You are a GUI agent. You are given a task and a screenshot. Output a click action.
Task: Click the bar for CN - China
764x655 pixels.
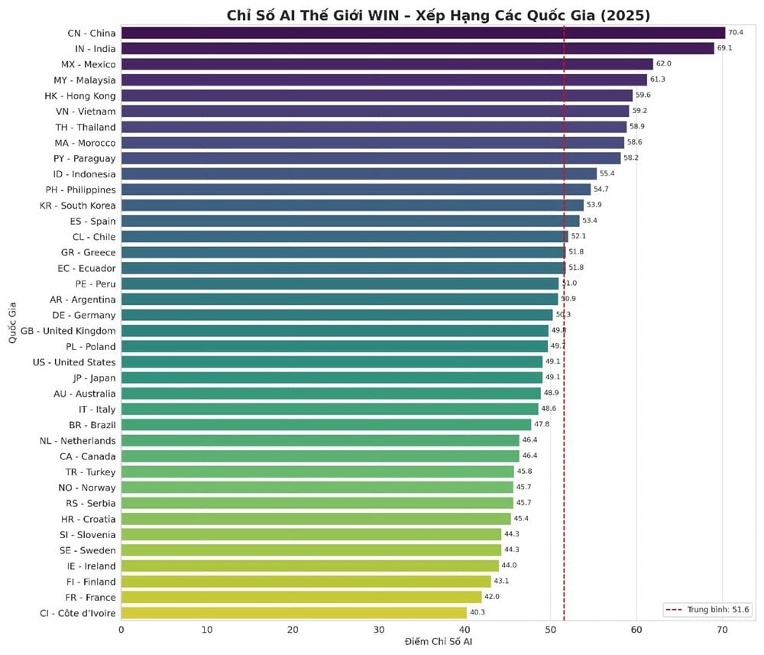(x=422, y=33)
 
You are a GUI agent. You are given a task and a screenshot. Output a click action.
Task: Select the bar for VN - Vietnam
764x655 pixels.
(x=374, y=112)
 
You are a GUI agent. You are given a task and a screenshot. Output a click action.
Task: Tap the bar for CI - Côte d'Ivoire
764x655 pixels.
(x=293, y=613)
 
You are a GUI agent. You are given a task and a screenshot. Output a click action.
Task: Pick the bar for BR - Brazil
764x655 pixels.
(x=325, y=425)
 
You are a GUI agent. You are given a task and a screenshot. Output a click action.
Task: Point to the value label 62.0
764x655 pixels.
(x=663, y=64)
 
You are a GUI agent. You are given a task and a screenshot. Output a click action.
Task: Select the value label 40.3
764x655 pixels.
(x=477, y=613)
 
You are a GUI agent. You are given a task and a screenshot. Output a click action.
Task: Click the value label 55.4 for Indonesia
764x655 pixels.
(x=607, y=174)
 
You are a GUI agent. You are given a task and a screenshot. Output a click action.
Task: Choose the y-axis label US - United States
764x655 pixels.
(x=74, y=362)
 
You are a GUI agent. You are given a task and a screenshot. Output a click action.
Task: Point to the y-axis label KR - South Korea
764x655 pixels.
(x=78, y=206)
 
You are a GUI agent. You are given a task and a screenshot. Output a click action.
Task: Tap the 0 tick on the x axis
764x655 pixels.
(x=121, y=629)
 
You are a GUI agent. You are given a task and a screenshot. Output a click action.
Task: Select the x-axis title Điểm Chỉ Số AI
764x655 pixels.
(x=438, y=642)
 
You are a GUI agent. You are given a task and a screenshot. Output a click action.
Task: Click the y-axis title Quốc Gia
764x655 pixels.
(x=13, y=323)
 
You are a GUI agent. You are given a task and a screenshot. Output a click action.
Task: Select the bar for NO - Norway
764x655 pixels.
(x=317, y=488)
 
